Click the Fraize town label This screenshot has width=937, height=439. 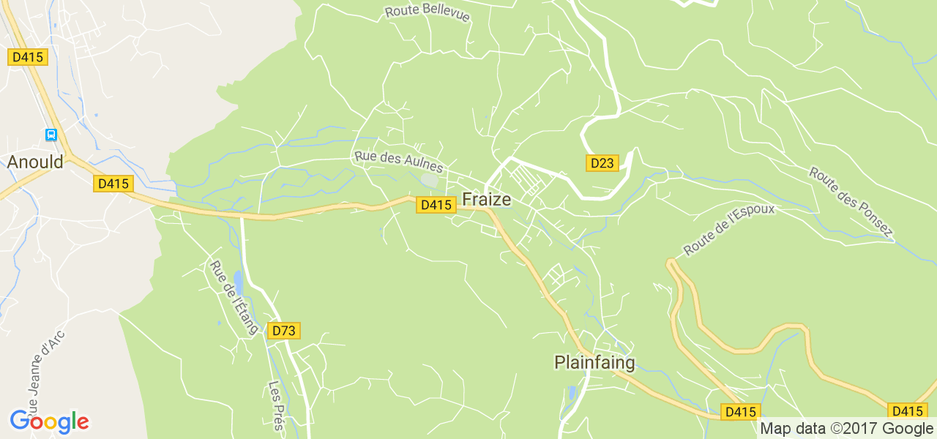486,199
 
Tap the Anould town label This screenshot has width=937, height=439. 35,162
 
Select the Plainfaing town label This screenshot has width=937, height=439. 594,362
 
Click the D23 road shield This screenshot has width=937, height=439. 602,163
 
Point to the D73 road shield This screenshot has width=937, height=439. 283,331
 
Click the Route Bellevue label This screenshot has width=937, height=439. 427,13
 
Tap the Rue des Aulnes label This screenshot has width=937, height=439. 398,161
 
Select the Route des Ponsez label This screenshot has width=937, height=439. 851,202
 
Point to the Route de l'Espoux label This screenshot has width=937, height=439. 728,229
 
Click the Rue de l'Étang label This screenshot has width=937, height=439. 234,297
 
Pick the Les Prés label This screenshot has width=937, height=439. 276,405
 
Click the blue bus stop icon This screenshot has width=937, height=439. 51,135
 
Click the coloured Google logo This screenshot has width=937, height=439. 49,421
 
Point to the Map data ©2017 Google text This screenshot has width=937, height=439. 847,429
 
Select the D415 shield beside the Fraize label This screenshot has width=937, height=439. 436,205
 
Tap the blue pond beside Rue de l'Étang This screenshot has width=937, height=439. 237,282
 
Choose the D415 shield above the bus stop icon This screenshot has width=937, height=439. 28,57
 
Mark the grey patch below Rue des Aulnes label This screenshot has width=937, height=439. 430,180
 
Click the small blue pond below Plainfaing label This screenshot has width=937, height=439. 572,393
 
